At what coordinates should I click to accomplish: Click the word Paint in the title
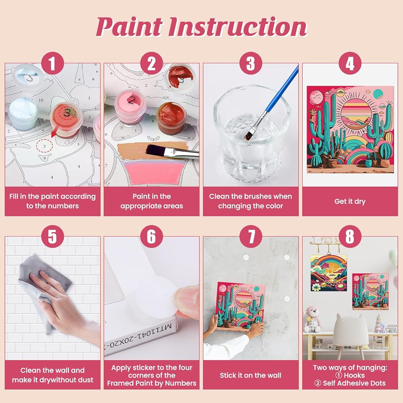click(x=130, y=27)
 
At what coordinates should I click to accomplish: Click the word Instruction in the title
click(x=238, y=27)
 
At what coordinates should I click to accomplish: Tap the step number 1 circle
click(x=52, y=63)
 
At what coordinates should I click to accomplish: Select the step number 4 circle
click(x=350, y=63)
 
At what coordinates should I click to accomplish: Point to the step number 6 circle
click(x=152, y=237)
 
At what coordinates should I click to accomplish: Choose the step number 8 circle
click(x=350, y=237)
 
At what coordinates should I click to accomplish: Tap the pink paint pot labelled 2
click(x=131, y=106)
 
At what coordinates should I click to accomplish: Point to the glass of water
click(x=252, y=134)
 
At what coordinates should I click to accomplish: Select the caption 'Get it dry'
click(x=350, y=201)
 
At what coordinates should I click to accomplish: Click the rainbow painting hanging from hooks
click(x=329, y=273)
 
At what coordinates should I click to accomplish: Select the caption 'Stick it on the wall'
click(x=251, y=375)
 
